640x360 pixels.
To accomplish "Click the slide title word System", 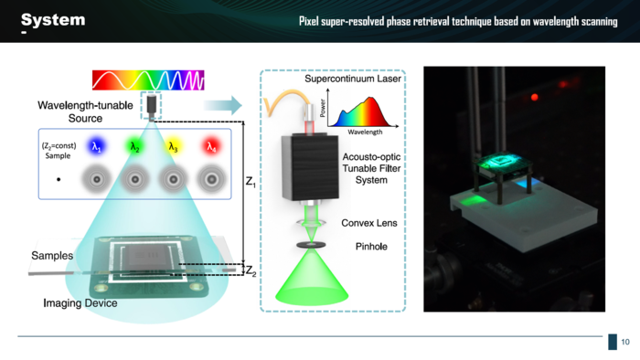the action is [x=53, y=19].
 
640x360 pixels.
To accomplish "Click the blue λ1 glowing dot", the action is [x=96, y=146].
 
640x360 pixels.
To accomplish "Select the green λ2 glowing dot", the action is [x=134, y=146].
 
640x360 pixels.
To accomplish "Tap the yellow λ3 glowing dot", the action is [x=173, y=146].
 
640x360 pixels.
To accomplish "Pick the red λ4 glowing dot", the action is [x=211, y=146].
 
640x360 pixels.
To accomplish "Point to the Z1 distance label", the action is [x=251, y=182].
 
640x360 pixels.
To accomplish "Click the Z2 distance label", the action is [x=251, y=270].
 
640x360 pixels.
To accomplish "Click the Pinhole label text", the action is [x=371, y=247].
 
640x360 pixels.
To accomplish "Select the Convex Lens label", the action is [x=369, y=223].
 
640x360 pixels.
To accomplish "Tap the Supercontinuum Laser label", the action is [x=353, y=79].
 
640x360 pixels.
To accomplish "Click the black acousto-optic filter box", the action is [x=310, y=167].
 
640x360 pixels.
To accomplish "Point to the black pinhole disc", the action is [x=311, y=245].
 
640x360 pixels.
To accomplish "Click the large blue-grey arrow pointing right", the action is [x=223, y=105].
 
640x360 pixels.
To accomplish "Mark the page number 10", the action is [x=625, y=342].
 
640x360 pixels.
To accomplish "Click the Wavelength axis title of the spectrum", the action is [x=365, y=132].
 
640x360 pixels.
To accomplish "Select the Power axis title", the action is [x=323, y=108].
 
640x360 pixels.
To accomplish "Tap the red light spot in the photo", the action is [x=534, y=97].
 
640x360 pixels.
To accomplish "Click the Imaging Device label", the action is [x=80, y=303].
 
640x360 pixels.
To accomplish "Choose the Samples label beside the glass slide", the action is [x=52, y=256].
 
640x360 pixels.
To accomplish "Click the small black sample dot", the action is [x=59, y=179].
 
